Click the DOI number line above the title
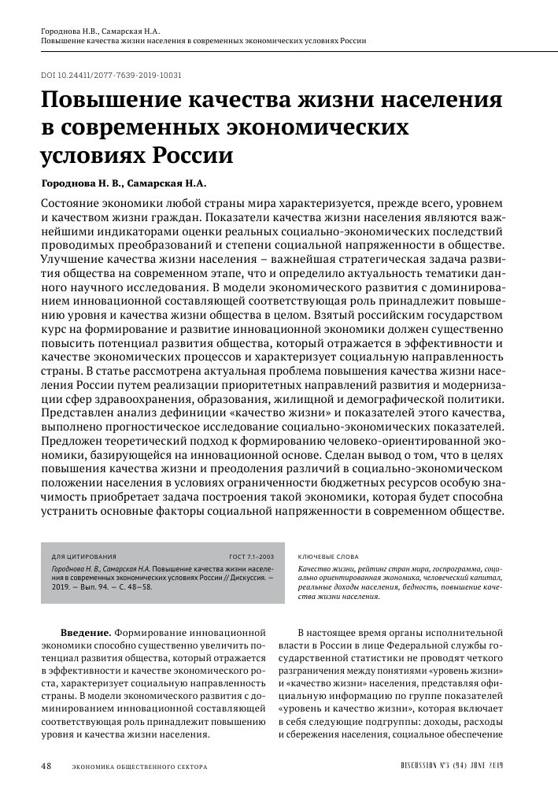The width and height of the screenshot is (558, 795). pyautogui.click(x=111, y=76)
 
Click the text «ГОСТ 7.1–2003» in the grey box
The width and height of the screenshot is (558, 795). pyautogui.click(x=250, y=556)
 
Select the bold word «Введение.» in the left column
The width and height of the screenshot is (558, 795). pyautogui.click(x=87, y=631)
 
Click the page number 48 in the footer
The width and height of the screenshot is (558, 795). pyautogui.click(x=46, y=766)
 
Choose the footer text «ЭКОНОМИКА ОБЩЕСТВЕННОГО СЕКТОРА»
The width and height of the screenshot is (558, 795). pyautogui.click(x=139, y=767)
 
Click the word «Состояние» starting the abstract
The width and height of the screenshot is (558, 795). pyautogui.click(x=72, y=202)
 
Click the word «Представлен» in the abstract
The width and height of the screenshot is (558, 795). pyautogui.click(x=77, y=412)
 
